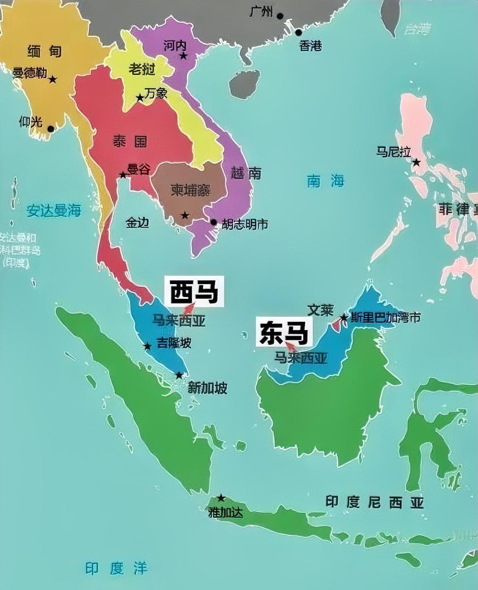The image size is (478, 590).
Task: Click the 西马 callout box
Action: click(x=194, y=291)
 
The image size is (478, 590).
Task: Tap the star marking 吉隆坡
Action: click(x=148, y=346)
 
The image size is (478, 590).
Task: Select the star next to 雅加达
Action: click(x=221, y=498)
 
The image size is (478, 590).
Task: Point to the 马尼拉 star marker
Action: click(x=416, y=162)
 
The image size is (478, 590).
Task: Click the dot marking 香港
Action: click(x=299, y=33)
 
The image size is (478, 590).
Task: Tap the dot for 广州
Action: click(x=280, y=16)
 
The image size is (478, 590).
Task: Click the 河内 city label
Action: click(x=175, y=45)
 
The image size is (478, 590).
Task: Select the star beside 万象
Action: click(x=140, y=98)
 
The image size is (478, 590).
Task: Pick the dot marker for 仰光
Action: click(x=51, y=129)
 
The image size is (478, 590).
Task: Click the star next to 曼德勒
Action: click(x=53, y=80)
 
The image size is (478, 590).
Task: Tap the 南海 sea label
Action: click(x=325, y=181)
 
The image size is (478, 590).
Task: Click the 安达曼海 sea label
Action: click(x=54, y=211)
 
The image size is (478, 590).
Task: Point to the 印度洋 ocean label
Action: click(x=116, y=568)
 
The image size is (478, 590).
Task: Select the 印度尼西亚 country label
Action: click(x=374, y=502)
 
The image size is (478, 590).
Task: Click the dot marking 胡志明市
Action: click(x=213, y=222)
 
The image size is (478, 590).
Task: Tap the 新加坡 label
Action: click(x=208, y=388)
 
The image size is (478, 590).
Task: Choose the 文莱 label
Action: click(x=320, y=310)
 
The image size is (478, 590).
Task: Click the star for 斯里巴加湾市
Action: click(x=344, y=318)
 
